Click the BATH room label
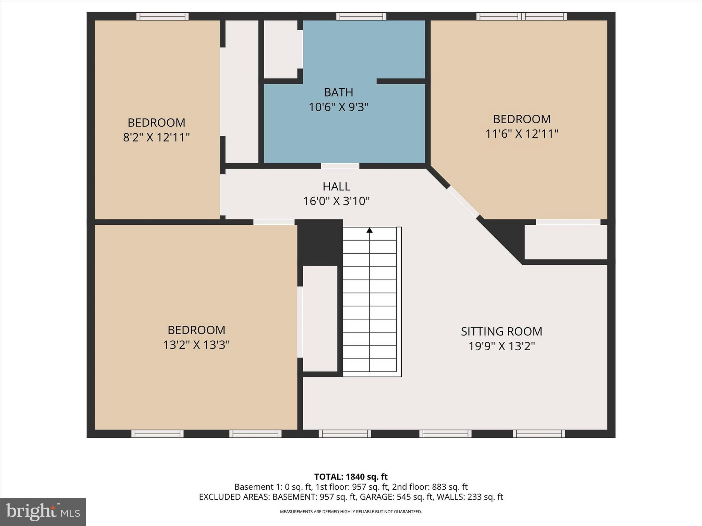(338, 92)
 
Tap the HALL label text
(336, 186)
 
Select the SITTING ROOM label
(501, 331)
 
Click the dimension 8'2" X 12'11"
(156, 137)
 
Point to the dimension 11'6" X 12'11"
(522, 134)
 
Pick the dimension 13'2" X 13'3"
(196, 345)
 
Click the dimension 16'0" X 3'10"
(336, 201)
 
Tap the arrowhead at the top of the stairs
(369, 230)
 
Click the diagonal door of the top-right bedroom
(463, 202)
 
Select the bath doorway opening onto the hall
(340, 166)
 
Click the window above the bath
(361, 16)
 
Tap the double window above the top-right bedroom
(521, 16)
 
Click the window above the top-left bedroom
(162, 16)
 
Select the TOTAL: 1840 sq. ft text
(351, 477)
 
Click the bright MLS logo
(43, 512)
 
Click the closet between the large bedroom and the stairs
(320, 318)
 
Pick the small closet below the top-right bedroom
(566, 242)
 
